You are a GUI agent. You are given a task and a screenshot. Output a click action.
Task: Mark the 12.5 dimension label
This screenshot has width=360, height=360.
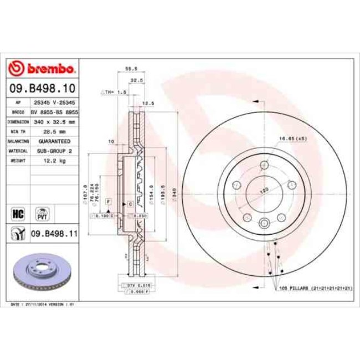point(148,103)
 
